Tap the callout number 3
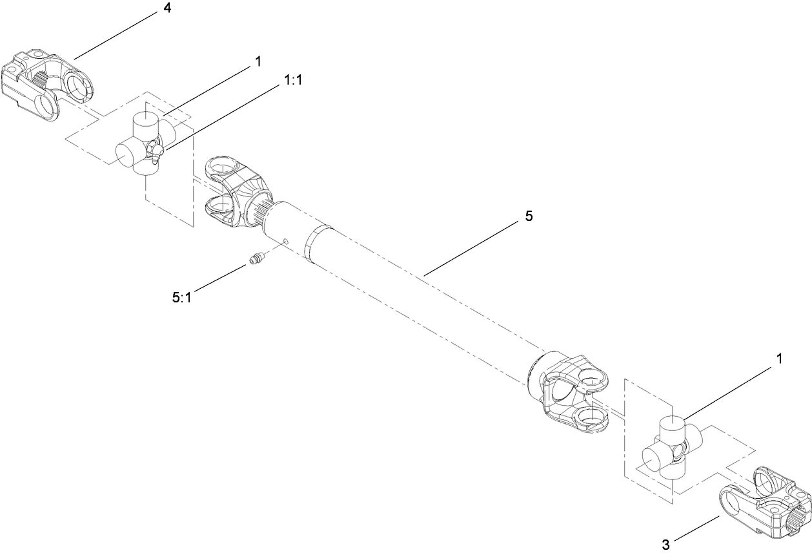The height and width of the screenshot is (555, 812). point(665,544)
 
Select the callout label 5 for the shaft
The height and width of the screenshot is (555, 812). point(529,216)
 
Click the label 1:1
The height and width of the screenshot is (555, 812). point(294,79)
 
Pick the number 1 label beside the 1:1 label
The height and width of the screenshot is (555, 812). point(258,61)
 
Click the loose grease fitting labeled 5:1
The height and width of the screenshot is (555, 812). point(257,260)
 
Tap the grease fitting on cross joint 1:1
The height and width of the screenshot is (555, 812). point(156,153)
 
